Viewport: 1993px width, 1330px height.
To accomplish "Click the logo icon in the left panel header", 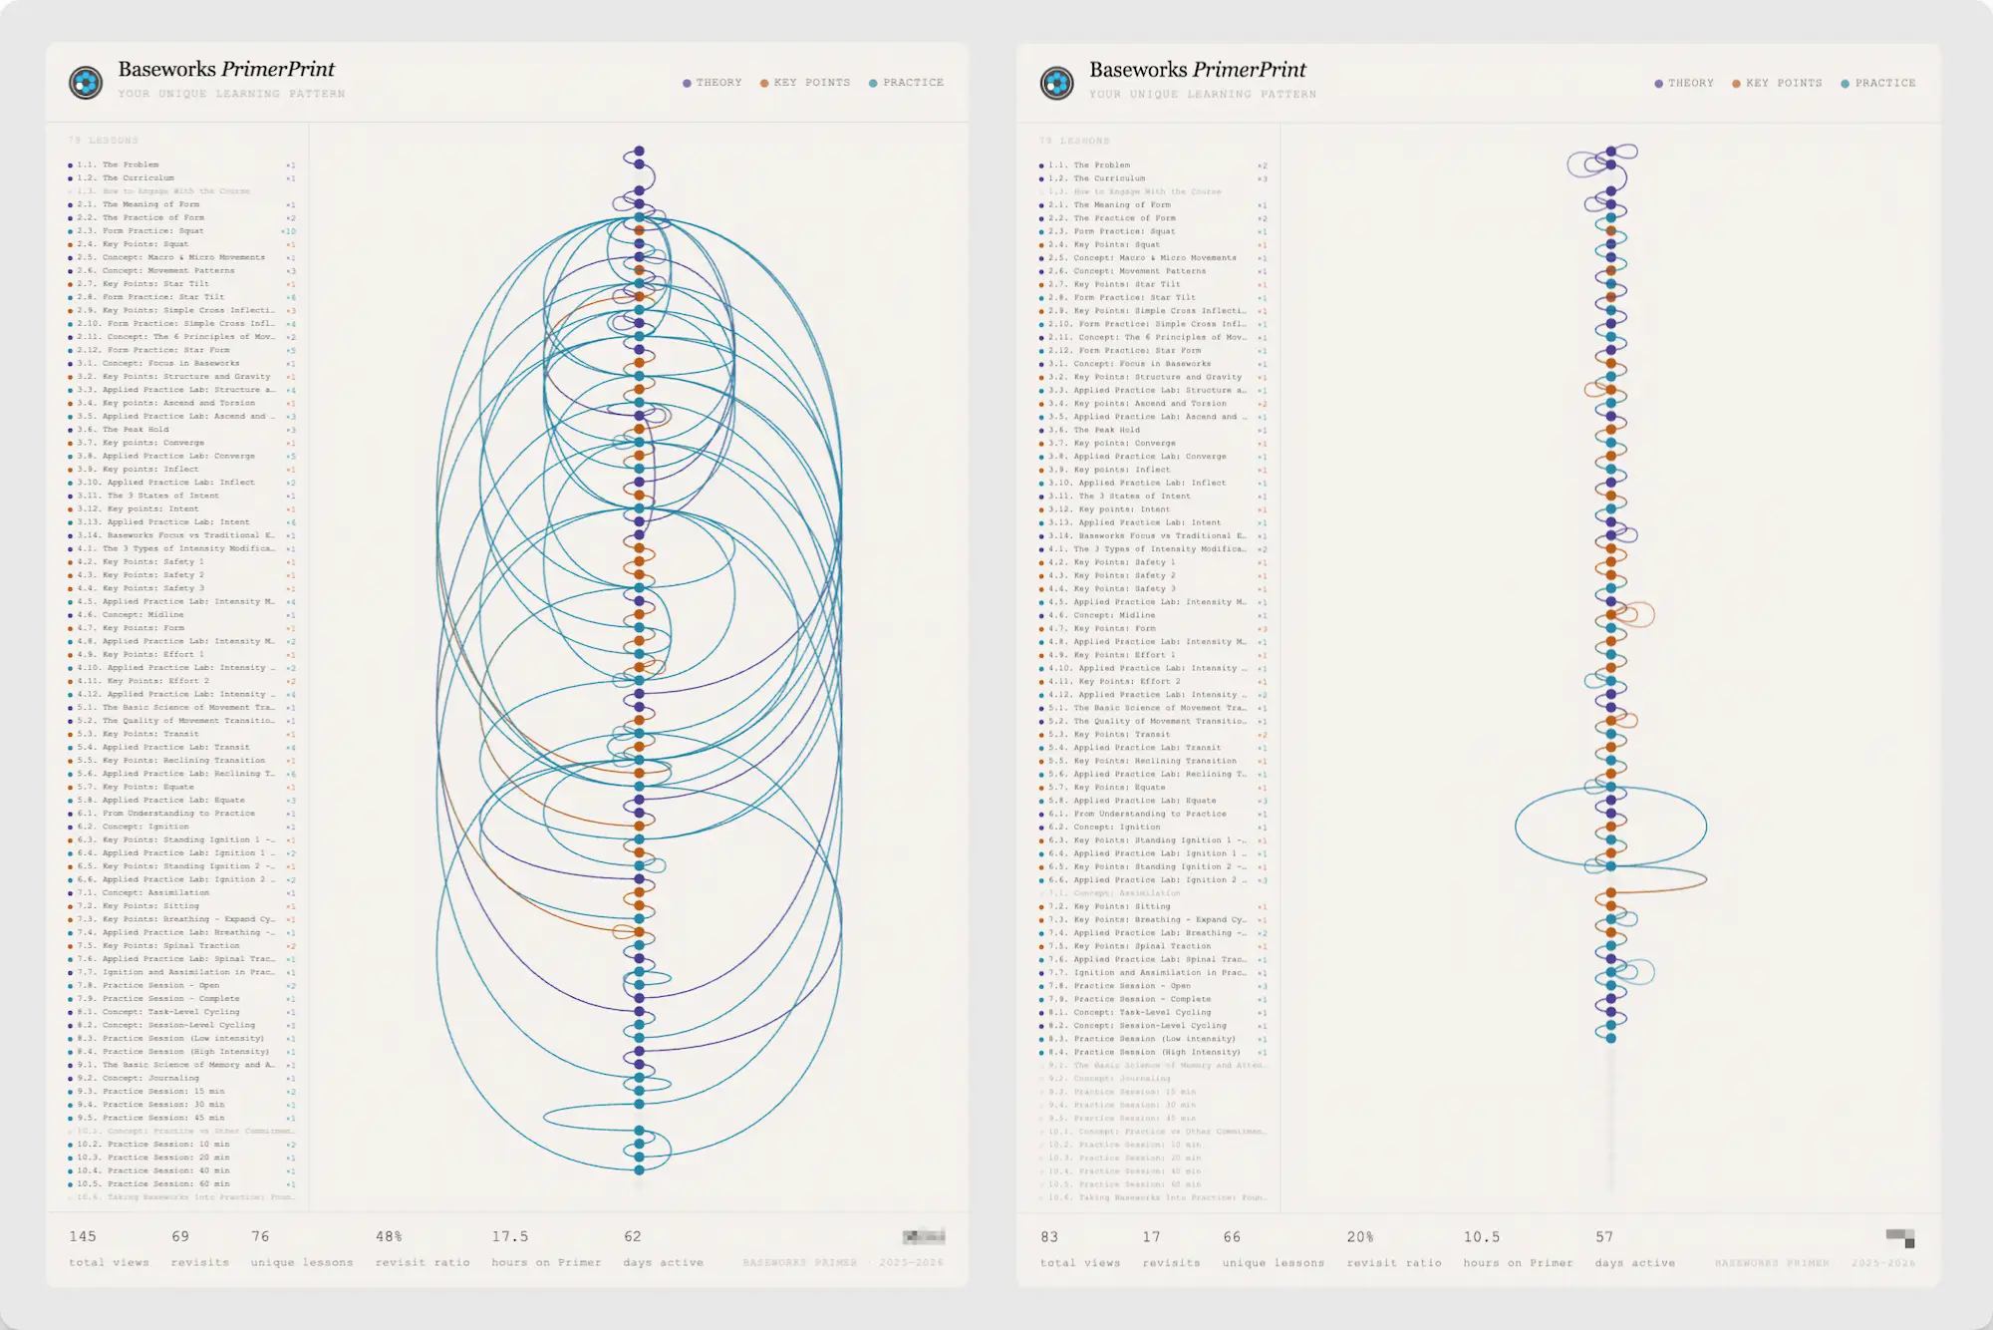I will [86, 82].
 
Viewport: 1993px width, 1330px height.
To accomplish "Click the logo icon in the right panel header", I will [1056, 83].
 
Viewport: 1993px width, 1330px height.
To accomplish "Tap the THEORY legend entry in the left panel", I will [712, 83].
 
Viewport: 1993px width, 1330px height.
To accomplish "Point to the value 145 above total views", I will [83, 1236].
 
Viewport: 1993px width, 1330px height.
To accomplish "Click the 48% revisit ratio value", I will [389, 1236].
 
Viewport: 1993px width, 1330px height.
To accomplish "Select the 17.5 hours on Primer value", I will [509, 1236].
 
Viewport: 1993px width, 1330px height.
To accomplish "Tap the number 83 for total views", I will [1049, 1237].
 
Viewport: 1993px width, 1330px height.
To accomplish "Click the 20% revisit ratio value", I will [1360, 1237].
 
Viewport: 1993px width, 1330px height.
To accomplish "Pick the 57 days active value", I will [1603, 1237].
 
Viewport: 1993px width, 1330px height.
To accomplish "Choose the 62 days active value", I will [632, 1236].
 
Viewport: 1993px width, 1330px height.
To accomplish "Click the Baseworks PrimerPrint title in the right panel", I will [1197, 70].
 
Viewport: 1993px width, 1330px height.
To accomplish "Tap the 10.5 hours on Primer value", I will [1481, 1237].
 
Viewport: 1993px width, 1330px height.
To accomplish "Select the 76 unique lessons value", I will [260, 1236].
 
